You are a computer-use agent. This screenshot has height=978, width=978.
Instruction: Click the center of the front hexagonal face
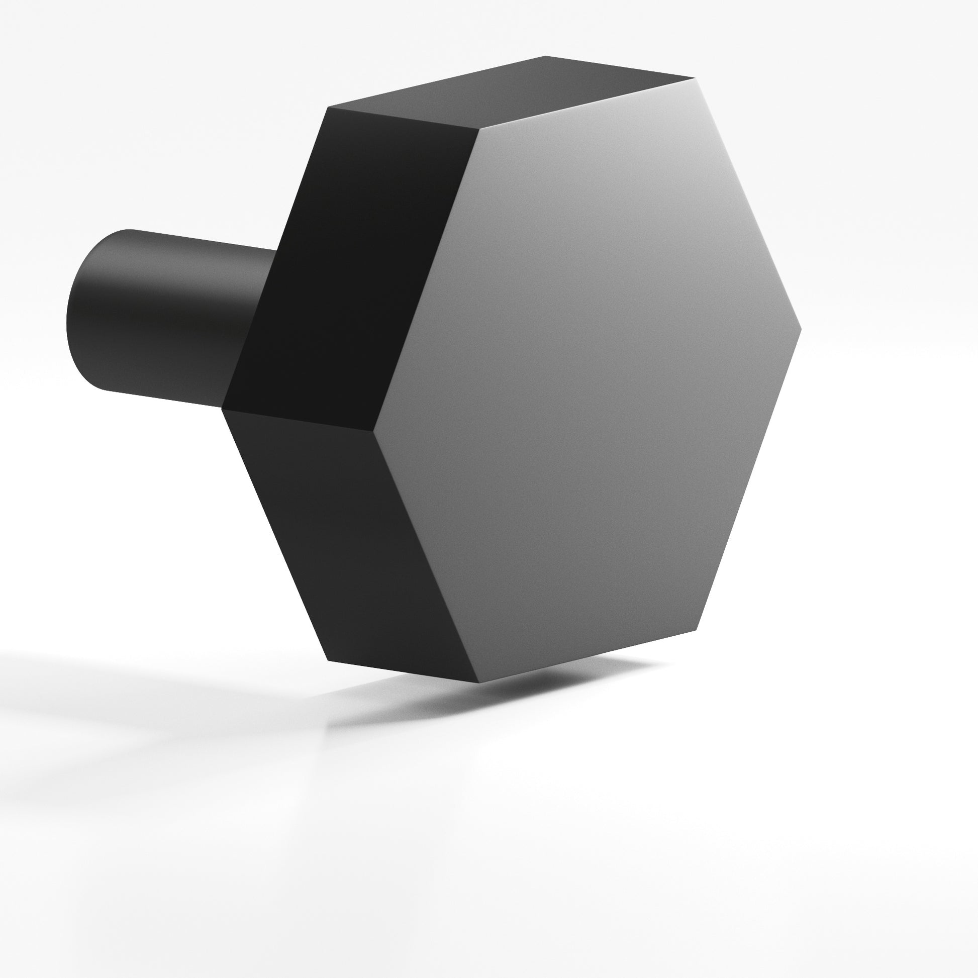click(x=587, y=379)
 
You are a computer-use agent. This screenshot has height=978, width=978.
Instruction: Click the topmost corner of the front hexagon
click(x=694, y=79)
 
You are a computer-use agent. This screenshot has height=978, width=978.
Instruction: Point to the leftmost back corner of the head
click(x=223, y=408)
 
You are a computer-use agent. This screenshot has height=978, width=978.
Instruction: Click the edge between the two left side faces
click(x=299, y=420)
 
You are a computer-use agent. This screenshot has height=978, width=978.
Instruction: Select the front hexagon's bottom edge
click(x=587, y=656)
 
